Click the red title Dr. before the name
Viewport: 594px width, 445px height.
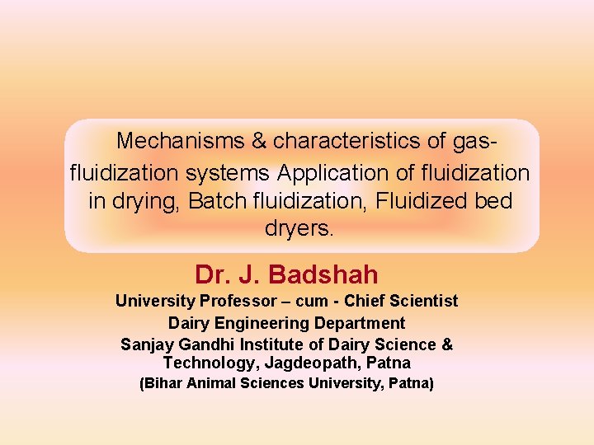(210, 274)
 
